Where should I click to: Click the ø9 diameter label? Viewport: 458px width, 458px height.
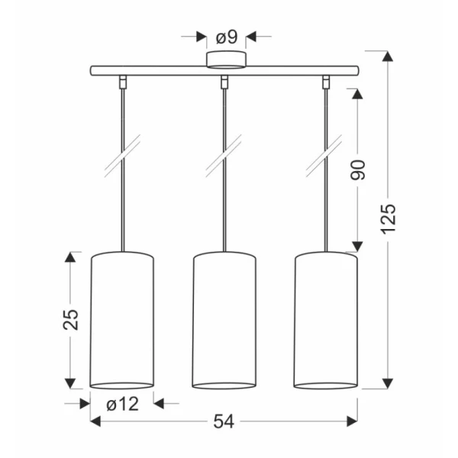point(227,37)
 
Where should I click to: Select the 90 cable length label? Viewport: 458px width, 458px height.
point(358,170)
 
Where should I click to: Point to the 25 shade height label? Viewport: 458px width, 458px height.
point(71,320)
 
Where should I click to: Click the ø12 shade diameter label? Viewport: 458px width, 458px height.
point(122,405)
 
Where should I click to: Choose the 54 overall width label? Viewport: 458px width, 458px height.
point(224,421)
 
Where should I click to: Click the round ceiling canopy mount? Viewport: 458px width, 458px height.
point(227,60)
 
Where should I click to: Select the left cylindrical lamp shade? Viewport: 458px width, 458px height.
point(122,320)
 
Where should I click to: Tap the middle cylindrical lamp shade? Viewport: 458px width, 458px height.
point(224,320)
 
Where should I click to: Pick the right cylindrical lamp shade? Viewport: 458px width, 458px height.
point(325,320)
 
